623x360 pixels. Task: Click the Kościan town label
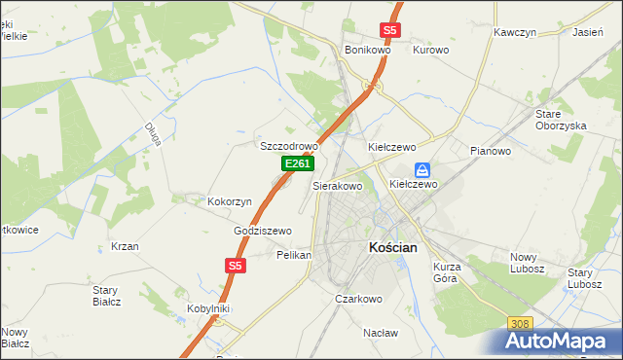[393, 248]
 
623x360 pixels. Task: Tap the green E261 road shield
[297, 164]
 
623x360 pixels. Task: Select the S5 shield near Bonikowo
[389, 30]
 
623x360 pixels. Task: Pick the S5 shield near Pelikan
[235, 265]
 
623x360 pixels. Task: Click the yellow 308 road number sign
[520, 323]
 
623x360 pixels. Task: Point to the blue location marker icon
[422, 168]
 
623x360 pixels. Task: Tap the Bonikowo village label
[367, 49]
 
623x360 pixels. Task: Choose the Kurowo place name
[430, 49]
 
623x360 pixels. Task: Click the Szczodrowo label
[289, 146]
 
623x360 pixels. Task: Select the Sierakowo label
[337, 185]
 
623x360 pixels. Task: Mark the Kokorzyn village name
[230, 201]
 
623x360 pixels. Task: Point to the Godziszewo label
[263, 231]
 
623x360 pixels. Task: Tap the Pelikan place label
[294, 255]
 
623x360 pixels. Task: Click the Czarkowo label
[358, 299]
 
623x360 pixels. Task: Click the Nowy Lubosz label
[530, 263]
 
